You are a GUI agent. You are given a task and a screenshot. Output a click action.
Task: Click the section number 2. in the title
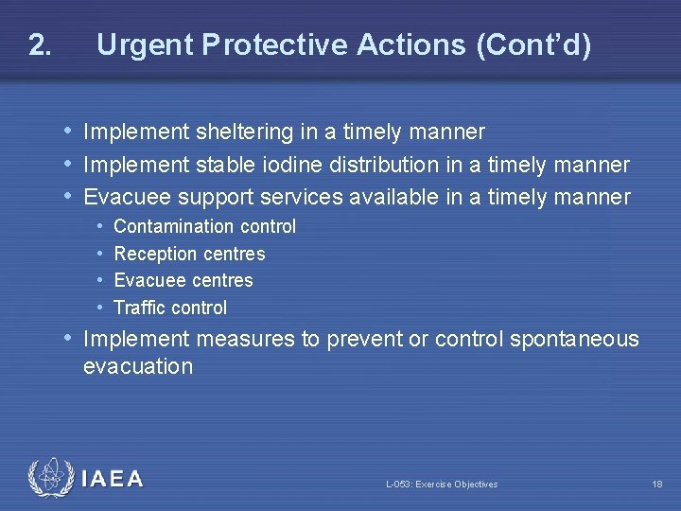39,44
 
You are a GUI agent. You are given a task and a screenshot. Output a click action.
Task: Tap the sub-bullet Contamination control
204,226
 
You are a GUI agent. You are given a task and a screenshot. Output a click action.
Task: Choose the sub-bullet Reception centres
189,254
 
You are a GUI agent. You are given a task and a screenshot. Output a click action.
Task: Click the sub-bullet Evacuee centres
183,280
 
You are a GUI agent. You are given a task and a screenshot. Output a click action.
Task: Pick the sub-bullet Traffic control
170,308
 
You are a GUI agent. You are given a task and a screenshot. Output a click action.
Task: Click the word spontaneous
574,339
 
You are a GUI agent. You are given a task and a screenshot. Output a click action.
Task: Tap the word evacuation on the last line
138,366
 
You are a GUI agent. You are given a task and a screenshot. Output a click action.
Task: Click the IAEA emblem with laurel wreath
49,478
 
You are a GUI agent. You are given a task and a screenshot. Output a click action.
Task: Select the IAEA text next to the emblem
113,479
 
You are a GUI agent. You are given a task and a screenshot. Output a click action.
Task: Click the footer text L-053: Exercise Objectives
442,485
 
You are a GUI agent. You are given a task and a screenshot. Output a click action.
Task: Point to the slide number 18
656,485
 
